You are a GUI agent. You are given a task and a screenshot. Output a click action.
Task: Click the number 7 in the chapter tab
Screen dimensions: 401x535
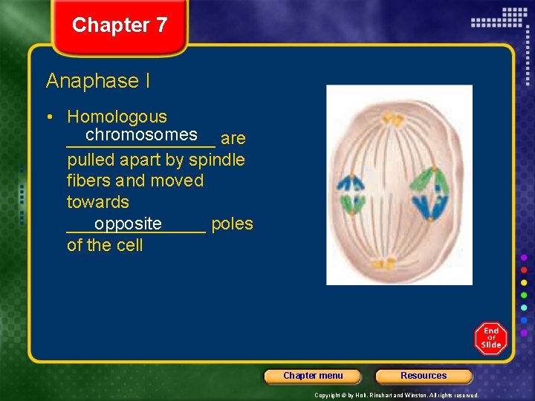tap(160, 25)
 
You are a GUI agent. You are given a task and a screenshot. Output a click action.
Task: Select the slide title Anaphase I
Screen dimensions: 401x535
tap(97, 81)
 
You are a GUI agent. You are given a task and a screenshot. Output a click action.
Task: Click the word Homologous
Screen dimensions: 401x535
tap(117, 117)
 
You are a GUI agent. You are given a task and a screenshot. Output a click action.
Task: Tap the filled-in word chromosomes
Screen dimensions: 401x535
tap(141, 134)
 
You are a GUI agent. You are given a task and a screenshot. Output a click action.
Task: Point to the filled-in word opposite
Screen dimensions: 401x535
tap(128, 224)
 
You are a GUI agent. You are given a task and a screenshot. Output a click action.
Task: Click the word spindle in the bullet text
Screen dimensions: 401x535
tap(217, 160)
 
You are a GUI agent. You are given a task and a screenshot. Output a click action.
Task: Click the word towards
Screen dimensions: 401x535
tap(97, 202)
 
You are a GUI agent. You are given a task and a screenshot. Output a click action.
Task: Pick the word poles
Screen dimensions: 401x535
tap(232, 224)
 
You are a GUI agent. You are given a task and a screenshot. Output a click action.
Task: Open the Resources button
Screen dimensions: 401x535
tap(424, 376)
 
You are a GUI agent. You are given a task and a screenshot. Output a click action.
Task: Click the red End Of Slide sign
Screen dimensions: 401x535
tap(491, 338)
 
